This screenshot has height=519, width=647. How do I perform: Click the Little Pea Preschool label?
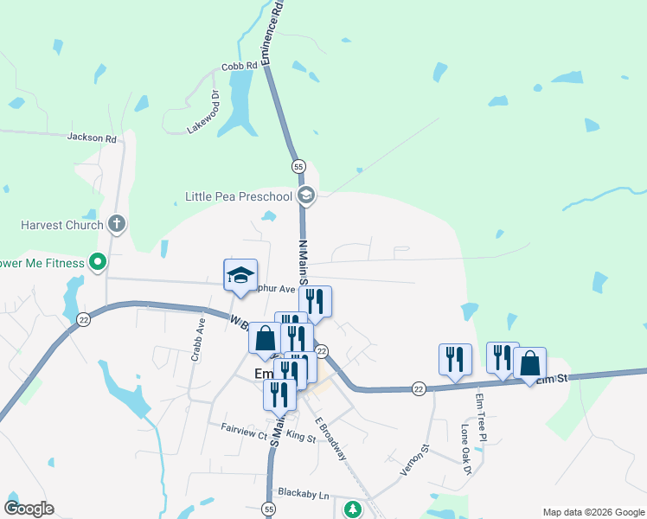click(x=239, y=196)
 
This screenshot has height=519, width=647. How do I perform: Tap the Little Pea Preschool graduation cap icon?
click(x=305, y=196)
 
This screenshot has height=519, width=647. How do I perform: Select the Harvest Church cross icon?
click(x=117, y=225)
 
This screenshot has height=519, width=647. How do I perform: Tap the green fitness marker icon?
click(x=98, y=261)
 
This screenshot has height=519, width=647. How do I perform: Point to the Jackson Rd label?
click(x=92, y=137)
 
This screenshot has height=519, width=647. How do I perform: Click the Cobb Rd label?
click(x=240, y=65)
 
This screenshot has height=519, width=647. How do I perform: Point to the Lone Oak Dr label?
click(x=466, y=449)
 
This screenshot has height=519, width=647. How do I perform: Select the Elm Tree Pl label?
click(x=481, y=419)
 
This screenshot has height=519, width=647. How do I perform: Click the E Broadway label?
click(x=330, y=439)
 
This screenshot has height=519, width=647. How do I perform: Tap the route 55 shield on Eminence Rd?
click(x=298, y=165)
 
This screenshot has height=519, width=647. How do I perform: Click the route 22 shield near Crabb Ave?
click(x=84, y=319)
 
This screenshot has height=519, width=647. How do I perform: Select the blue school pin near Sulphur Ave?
click(x=240, y=276)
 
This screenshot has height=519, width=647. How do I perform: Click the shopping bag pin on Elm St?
click(x=529, y=363)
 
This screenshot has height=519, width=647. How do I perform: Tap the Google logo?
click(x=29, y=509)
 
